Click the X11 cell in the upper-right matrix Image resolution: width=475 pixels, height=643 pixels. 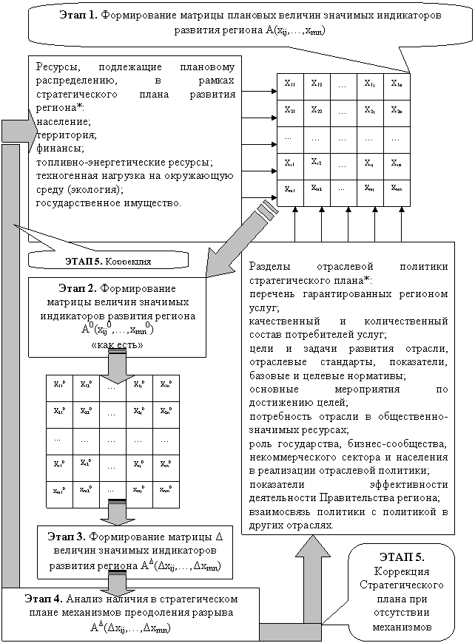click(x=289, y=84)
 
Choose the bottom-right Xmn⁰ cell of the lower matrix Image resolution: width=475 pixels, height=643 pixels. click(x=164, y=489)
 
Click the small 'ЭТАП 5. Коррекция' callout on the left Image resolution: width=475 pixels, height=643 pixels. click(x=109, y=260)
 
